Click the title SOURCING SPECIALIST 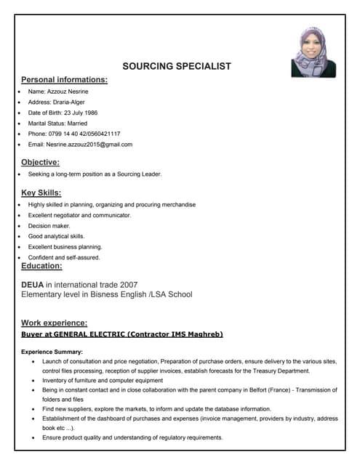point(177,66)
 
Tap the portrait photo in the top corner point(313,52)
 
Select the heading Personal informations point(64,79)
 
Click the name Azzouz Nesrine point(70,92)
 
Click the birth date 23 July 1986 point(92,113)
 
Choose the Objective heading point(40,162)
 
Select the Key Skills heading point(41,193)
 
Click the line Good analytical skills point(56,236)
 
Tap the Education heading point(41,267)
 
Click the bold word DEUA point(33,284)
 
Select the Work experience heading point(55,323)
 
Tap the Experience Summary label point(52,352)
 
